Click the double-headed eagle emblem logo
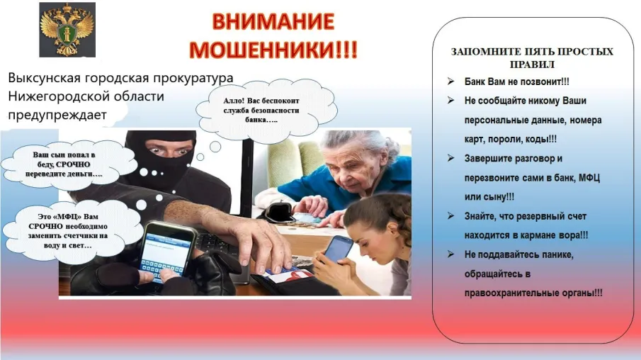tap(67, 30)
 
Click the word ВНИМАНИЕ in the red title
tap(273, 21)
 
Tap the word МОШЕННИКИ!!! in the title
tap(273, 50)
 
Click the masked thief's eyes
tap(169, 150)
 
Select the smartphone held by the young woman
tap(339, 248)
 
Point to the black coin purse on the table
tap(280, 212)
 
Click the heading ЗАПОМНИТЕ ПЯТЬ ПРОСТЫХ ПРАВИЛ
tap(532, 57)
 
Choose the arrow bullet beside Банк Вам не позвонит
tap(450, 81)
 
